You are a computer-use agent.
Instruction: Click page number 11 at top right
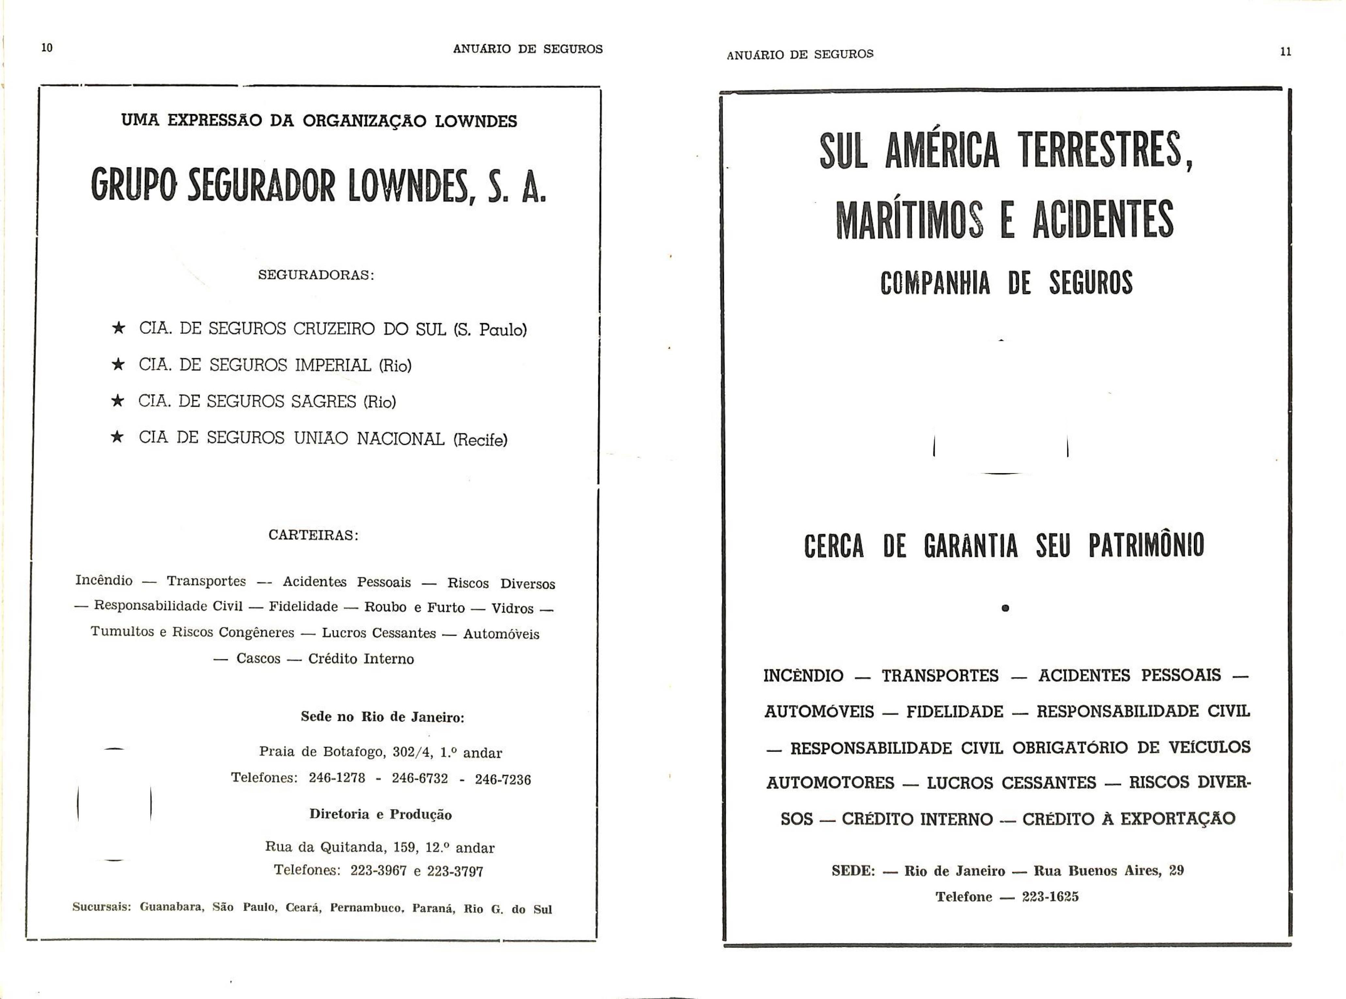pyautogui.click(x=1286, y=52)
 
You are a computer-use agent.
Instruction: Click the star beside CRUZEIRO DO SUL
pyautogui.click(x=118, y=328)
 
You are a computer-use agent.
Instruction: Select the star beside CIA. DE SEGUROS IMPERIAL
pyautogui.click(x=118, y=365)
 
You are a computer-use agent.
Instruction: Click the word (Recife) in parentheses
pyautogui.click(x=480, y=440)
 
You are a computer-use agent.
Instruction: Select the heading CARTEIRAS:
pyautogui.click(x=314, y=535)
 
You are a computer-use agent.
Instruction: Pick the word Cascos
pyautogui.click(x=258, y=659)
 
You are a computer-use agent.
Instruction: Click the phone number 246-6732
pyautogui.click(x=420, y=778)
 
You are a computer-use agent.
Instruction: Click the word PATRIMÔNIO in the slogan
pyautogui.click(x=1146, y=545)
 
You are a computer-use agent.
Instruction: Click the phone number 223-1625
pyautogui.click(x=1050, y=897)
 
